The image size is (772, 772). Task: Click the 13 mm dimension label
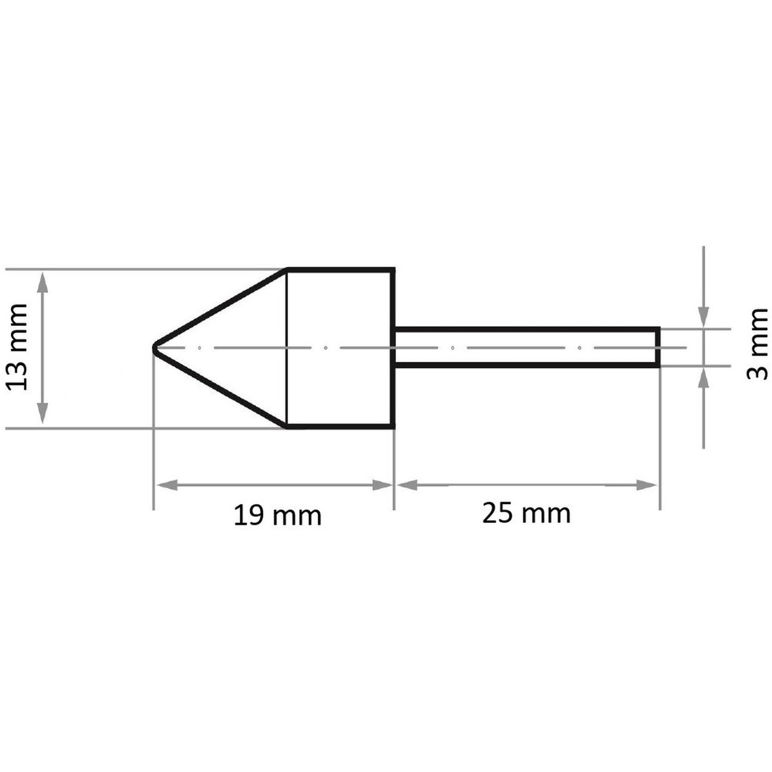point(17,347)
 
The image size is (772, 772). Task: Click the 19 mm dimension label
point(278,515)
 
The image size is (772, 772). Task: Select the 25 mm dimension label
point(527,513)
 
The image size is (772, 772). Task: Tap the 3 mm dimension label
point(757,344)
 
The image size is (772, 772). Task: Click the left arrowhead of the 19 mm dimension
point(166,485)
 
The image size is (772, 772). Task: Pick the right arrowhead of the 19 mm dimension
point(382,485)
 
